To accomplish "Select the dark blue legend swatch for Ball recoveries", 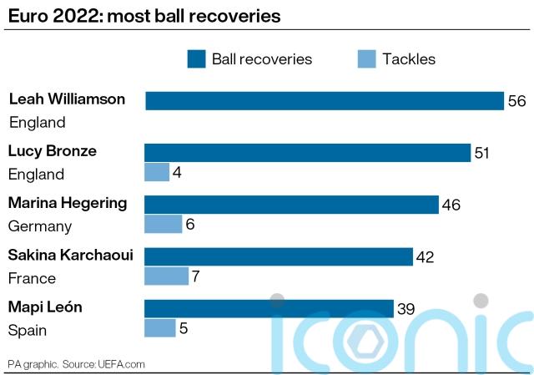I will (196, 58).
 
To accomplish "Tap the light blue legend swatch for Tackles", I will (366, 58).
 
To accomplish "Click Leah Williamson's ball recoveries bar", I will (325, 101).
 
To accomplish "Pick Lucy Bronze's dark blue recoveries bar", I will (308, 152).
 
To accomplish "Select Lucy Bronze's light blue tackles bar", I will (157, 172).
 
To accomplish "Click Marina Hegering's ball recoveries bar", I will (291, 205).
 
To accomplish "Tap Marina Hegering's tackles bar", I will (164, 224).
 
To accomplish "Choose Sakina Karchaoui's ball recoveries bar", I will (279, 256).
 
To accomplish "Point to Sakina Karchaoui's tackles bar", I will (167, 276).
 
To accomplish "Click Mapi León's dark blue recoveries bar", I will (269, 308).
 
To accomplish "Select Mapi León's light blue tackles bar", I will (160, 327).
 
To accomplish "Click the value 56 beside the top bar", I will (516, 101).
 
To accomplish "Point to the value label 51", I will (483, 153).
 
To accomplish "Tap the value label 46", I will (451, 205).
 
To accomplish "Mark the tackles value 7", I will (198, 276).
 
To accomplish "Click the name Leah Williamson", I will (67, 99).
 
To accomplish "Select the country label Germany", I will (39, 226).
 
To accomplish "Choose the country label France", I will (32, 278).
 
